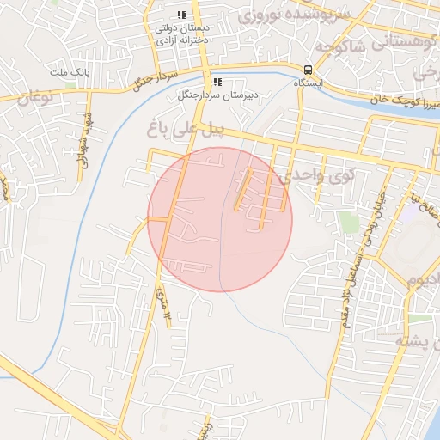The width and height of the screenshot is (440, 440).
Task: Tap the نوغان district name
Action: pyautogui.click(x=35, y=97)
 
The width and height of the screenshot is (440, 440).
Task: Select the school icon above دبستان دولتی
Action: pyautogui.click(x=181, y=15)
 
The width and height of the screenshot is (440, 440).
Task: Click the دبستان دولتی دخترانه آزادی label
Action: pyautogui.click(x=182, y=34)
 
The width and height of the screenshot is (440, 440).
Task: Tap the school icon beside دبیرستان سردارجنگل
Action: pyautogui.click(x=217, y=82)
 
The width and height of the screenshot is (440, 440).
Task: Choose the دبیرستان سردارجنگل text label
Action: pyautogui.click(x=207, y=95)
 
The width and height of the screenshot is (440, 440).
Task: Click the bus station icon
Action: pyautogui.click(x=307, y=70)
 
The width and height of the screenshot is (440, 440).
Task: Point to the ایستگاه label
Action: pyautogui.click(x=307, y=83)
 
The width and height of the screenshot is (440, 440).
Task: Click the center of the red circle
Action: pyautogui.click(x=220, y=219)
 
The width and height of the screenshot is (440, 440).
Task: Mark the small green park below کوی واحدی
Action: pyautogui.click(x=348, y=223)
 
